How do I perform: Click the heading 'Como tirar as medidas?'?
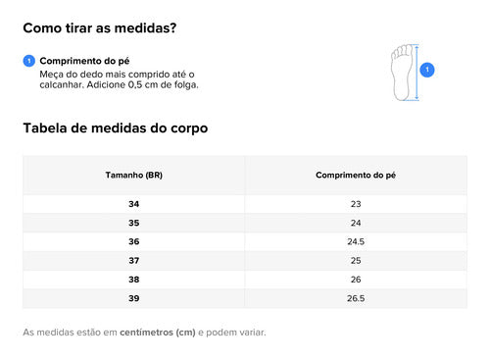[x=100, y=28]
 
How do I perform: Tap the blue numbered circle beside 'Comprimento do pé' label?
[x=29, y=61]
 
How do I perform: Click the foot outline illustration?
[x=402, y=73]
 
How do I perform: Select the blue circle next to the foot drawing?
[x=427, y=70]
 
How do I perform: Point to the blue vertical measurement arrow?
[x=416, y=73]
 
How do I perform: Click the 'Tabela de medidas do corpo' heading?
[x=116, y=128]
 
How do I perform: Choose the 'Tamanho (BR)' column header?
[x=134, y=175]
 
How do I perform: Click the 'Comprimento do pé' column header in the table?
[x=356, y=175]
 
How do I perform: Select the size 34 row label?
[x=134, y=204]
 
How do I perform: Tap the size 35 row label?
[x=134, y=223]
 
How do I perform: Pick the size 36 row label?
[x=134, y=241]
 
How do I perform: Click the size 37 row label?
[x=134, y=261]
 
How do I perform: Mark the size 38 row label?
[x=134, y=280]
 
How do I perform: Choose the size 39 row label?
[x=134, y=298]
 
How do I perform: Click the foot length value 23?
[x=356, y=204]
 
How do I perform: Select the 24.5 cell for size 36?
[x=356, y=241]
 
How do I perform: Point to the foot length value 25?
[x=356, y=261]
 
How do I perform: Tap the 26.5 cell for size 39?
[x=356, y=298]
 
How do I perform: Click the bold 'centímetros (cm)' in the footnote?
[x=158, y=333]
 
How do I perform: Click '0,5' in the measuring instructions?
[x=135, y=85]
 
